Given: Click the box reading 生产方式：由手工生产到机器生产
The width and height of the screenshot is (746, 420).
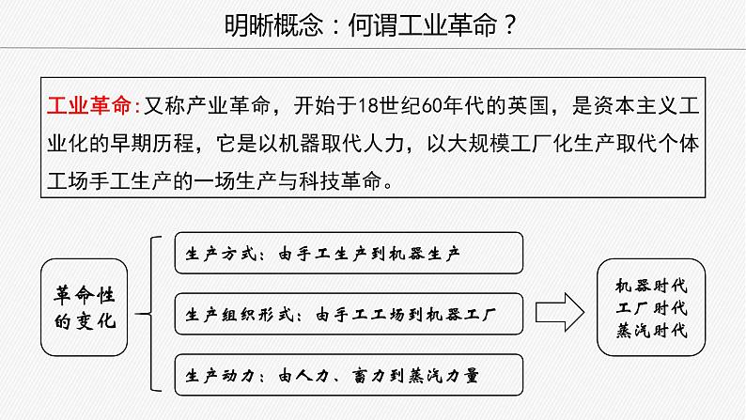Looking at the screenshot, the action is pyautogui.click(x=348, y=253).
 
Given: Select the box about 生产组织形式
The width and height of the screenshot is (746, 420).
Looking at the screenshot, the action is pyautogui.click(x=348, y=314).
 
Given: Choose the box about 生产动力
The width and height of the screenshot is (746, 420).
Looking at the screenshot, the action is pyautogui.click(x=348, y=375).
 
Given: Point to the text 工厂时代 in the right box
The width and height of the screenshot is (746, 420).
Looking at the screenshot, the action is pyautogui.click(x=651, y=307).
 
